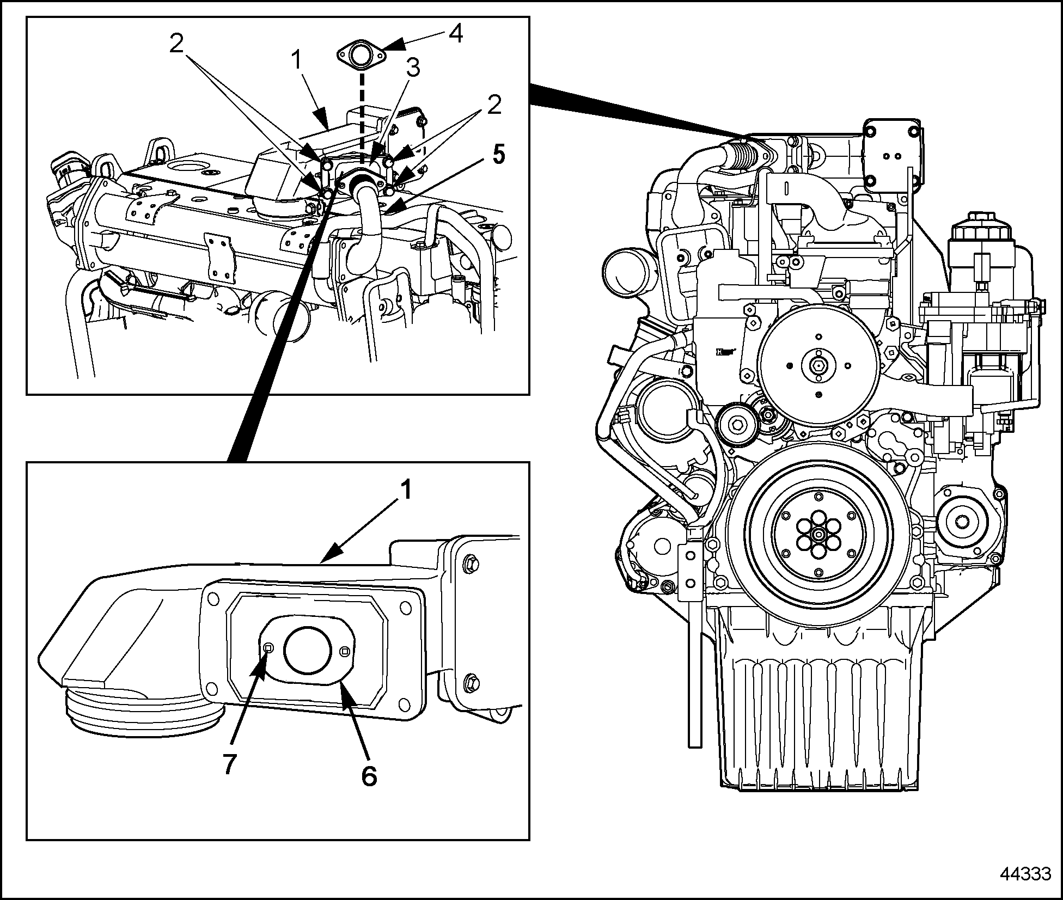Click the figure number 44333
[x=1025, y=874]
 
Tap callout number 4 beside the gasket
[x=455, y=34]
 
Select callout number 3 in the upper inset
[x=412, y=69]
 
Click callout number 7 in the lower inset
[x=230, y=764]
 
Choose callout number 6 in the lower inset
[x=369, y=775]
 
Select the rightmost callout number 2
[x=494, y=105]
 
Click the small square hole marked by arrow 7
[x=268, y=647]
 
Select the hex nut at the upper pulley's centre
[x=818, y=366]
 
